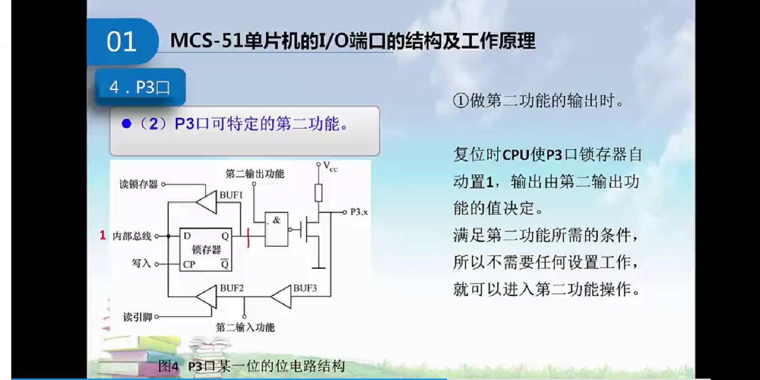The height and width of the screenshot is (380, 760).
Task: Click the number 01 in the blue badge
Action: pos(121,42)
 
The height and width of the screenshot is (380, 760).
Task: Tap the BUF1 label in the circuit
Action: pos(231,195)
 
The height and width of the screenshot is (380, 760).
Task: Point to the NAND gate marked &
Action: pos(276,229)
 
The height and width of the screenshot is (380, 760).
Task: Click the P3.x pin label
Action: pos(359,212)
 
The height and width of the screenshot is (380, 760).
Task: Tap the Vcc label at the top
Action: pos(330,166)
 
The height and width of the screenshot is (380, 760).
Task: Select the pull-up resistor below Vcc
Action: pos(318,193)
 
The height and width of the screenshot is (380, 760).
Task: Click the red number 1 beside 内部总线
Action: pos(103,235)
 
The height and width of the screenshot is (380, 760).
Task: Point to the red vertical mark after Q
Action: pos(248,237)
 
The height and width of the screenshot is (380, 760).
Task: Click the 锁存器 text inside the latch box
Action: pos(206,250)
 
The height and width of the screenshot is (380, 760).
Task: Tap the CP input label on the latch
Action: pos(189,264)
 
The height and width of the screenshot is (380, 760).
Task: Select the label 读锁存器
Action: pos(139,184)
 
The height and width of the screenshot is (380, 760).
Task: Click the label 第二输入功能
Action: pos(245,327)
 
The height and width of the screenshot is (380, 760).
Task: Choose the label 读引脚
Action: pos(137,317)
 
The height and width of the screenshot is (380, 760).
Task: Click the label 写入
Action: pos(141,263)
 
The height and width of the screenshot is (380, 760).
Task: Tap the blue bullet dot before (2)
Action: pos(127,124)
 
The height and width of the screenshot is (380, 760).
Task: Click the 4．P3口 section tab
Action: pos(140,87)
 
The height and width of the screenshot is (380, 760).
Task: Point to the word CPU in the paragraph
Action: pos(516,155)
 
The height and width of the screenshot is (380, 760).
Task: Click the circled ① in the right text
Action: pos(460,101)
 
